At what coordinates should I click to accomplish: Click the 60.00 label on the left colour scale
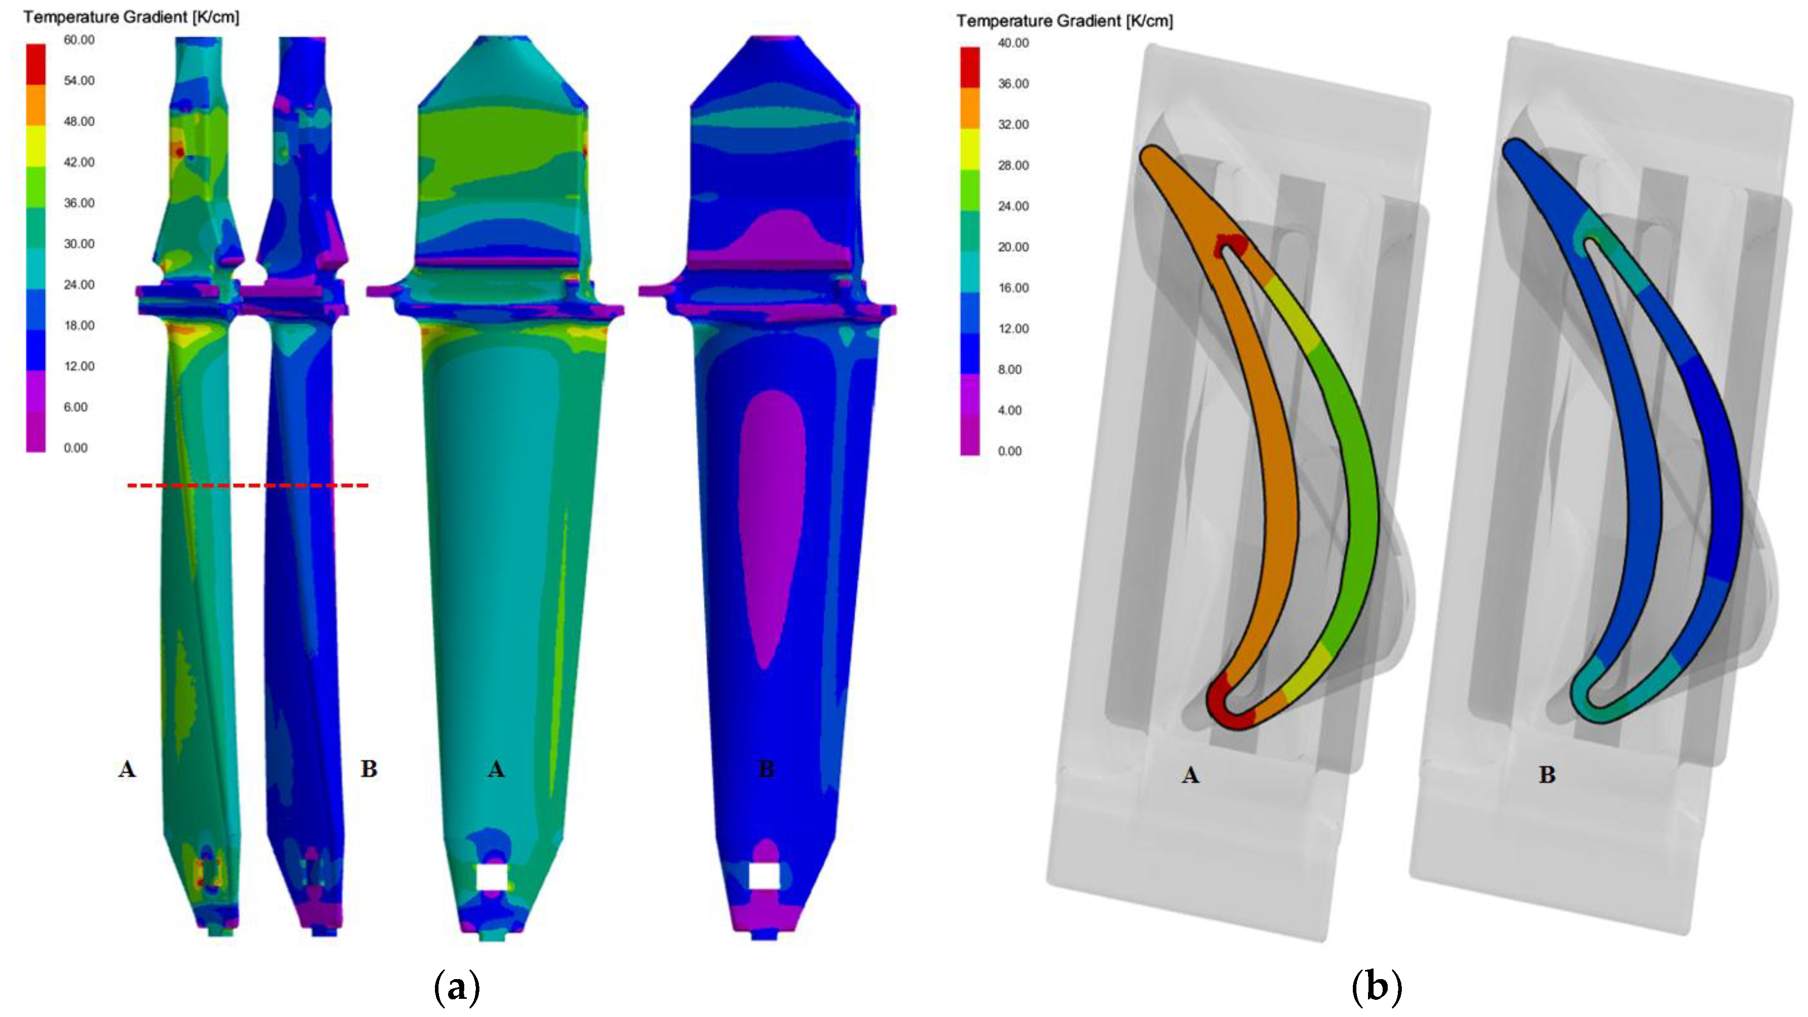tap(79, 40)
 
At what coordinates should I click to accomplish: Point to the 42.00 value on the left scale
tap(79, 162)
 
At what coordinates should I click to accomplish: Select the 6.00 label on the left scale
tap(76, 407)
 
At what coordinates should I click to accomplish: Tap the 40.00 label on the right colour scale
tap(1013, 43)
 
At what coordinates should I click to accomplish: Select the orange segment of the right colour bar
tap(970, 108)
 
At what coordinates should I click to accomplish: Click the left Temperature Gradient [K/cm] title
tap(131, 17)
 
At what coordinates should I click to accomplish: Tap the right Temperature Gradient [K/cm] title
tap(1064, 21)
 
